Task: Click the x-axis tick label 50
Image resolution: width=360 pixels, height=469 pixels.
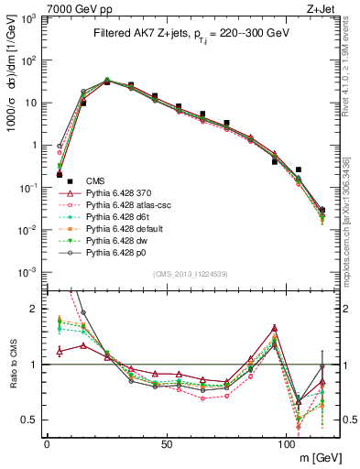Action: (x=167, y=443)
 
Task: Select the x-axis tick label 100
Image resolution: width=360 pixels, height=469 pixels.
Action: (x=287, y=443)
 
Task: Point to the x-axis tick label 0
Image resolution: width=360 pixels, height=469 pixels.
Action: (x=47, y=443)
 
